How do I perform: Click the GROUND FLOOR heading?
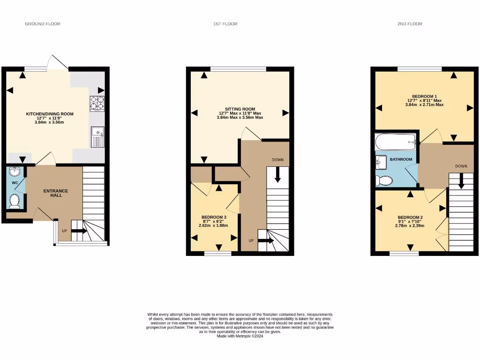[43, 23]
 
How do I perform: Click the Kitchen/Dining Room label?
[50, 114]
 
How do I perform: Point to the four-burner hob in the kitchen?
[97, 104]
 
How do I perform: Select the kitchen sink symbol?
[98, 137]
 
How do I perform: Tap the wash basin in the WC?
[14, 172]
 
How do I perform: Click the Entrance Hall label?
[56, 193]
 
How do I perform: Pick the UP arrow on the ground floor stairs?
[77, 231]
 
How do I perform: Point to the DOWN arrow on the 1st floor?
[277, 174]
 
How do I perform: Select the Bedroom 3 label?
[214, 217]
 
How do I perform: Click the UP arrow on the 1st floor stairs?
[266, 240]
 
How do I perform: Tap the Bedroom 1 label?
[425, 96]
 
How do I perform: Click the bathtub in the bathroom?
[395, 140]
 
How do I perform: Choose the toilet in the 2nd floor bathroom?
[384, 180]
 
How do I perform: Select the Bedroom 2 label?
[410, 217]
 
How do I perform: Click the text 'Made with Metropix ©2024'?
[240, 336]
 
